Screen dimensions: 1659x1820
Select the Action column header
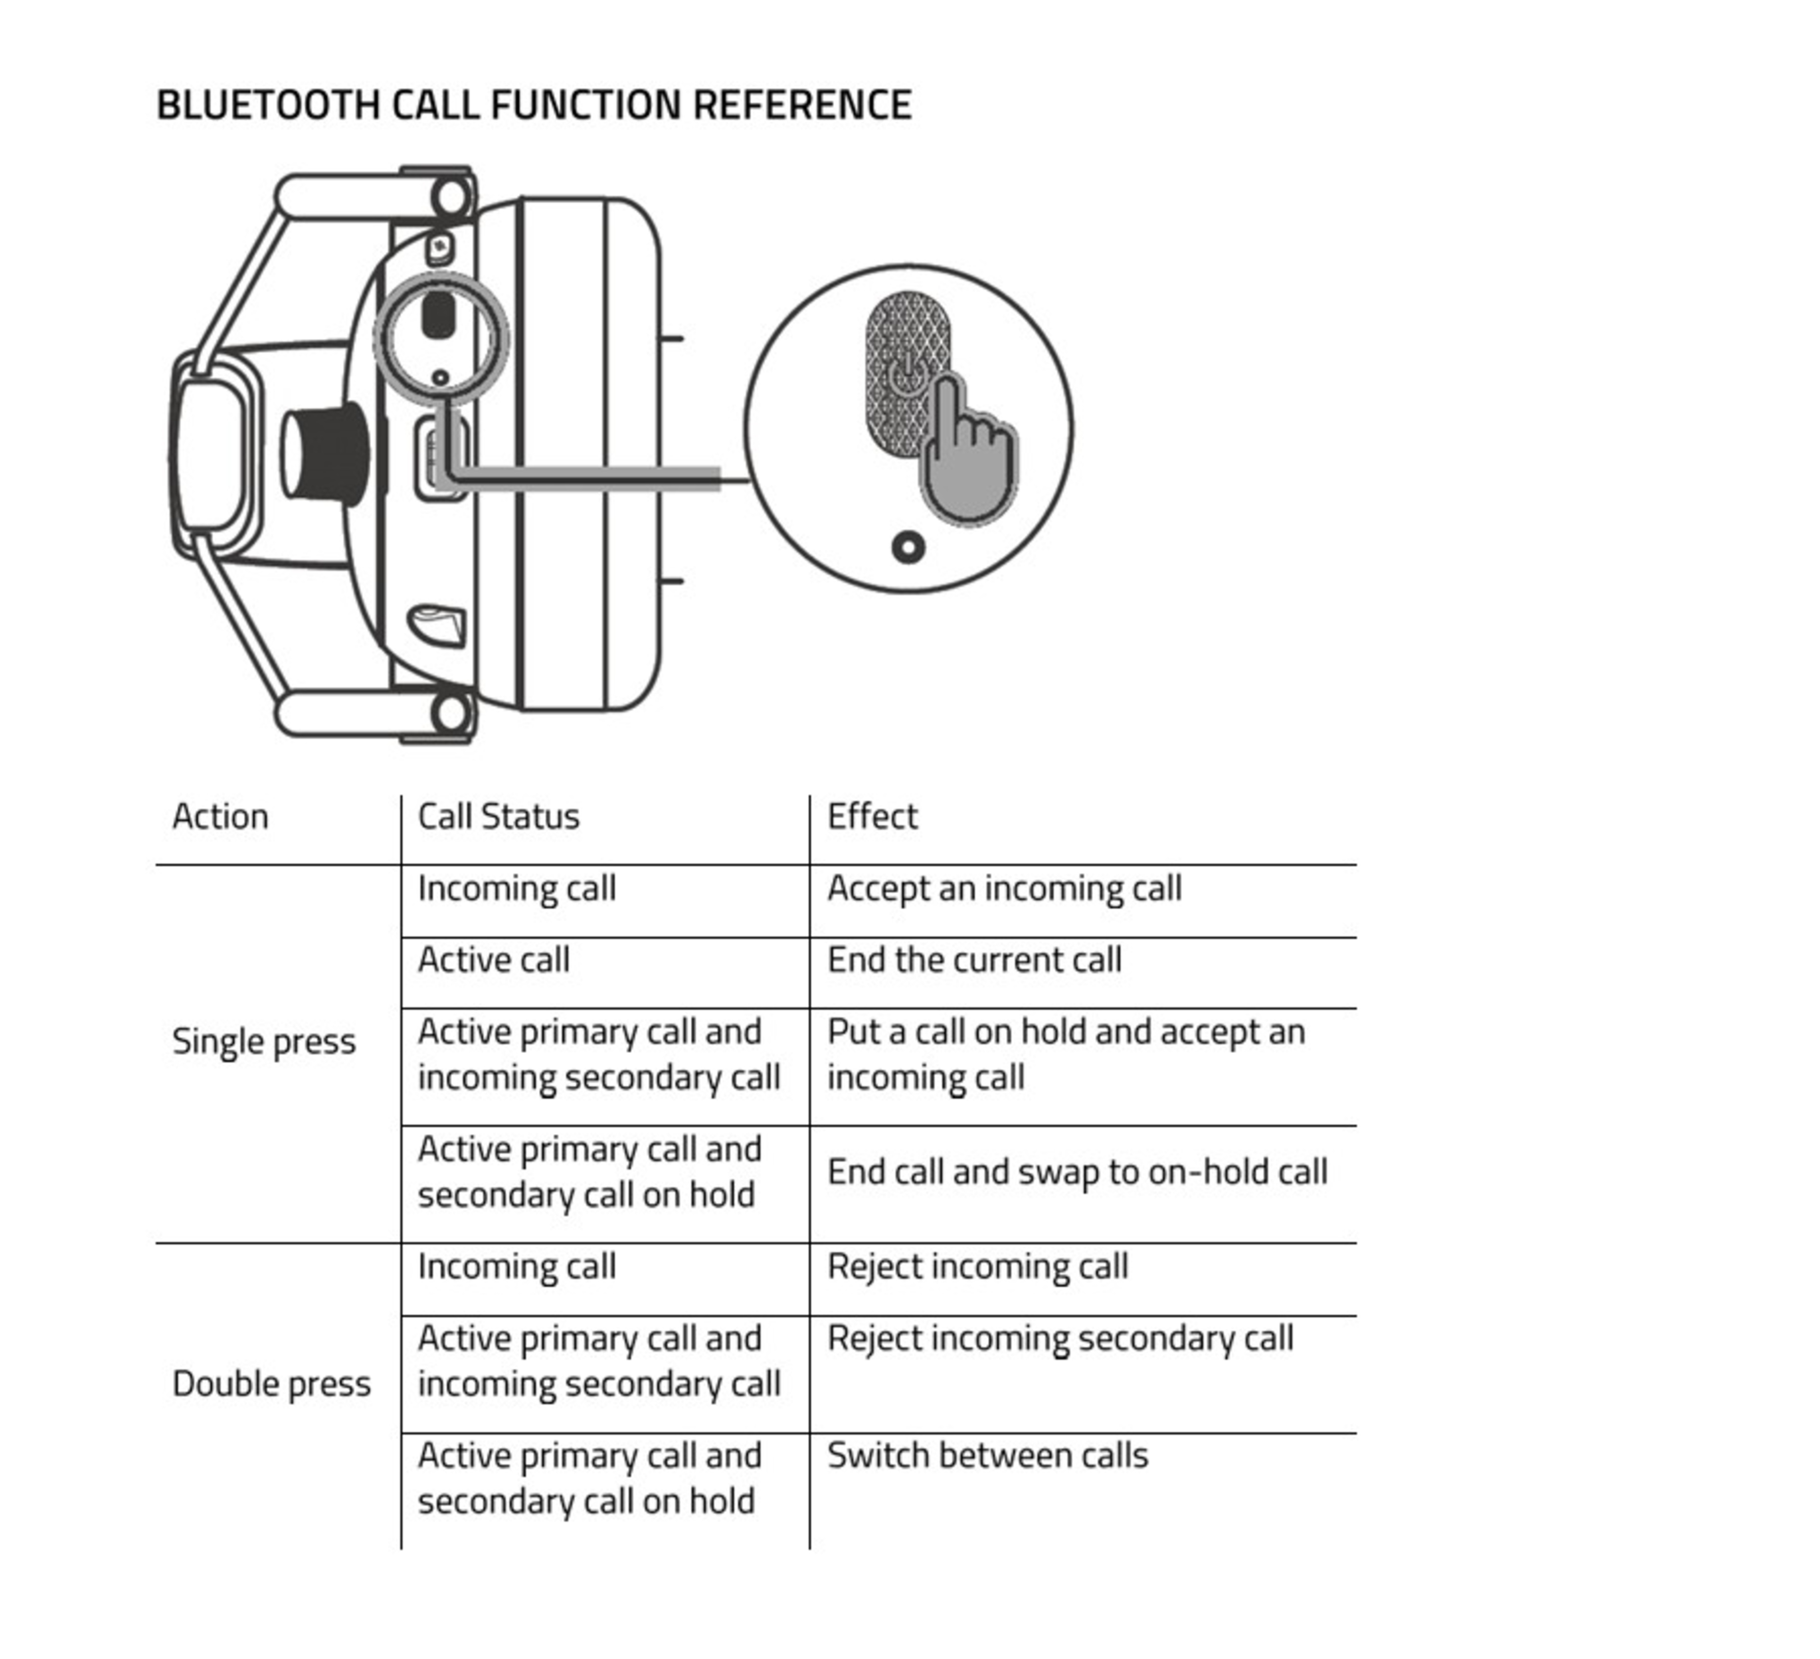click(220, 816)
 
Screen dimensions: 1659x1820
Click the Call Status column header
click(498, 816)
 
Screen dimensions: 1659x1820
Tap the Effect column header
click(872, 816)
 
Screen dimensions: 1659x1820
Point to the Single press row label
click(264, 1041)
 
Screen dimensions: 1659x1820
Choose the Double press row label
click(271, 1384)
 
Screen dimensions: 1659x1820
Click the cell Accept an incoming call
click(1004, 889)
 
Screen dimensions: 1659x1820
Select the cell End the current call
click(974, 960)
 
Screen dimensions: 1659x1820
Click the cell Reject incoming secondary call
click(1060, 1338)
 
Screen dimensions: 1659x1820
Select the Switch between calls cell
click(988, 1456)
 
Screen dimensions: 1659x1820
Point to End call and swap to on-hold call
click(1077, 1172)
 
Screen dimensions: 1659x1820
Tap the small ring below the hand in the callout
click(908, 547)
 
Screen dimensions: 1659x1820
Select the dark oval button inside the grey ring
click(439, 314)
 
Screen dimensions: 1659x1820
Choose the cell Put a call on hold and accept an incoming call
click(1065, 1054)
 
